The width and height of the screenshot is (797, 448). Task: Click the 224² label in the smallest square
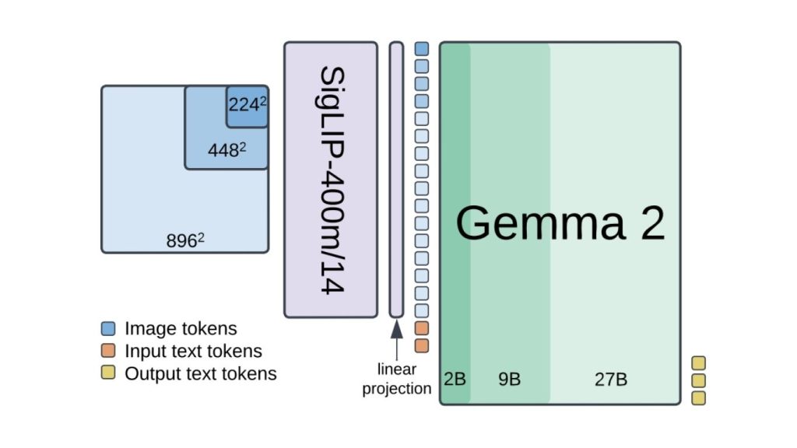(x=247, y=105)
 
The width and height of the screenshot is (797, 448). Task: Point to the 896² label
(x=185, y=241)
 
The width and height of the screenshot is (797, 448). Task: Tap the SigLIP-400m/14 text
(x=331, y=180)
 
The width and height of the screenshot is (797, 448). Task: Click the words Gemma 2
(x=560, y=223)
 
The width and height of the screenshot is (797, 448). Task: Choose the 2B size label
(x=455, y=380)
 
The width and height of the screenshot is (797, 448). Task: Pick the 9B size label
(x=509, y=380)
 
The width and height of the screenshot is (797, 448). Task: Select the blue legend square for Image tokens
(x=109, y=329)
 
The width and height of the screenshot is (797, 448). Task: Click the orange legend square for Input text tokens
(x=109, y=352)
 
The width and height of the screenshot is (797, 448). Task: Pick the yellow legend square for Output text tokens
(x=109, y=373)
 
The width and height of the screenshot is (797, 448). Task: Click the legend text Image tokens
(x=181, y=329)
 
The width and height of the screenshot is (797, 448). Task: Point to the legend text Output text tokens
(x=200, y=373)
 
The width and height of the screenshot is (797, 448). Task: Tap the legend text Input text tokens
(x=193, y=352)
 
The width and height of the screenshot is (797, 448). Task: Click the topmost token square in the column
(x=422, y=48)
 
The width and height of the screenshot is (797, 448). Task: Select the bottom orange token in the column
(x=422, y=345)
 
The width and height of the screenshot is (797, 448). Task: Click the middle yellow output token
(x=699, y=380)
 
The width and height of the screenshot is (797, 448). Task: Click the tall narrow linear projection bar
(x=396, y=180)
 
